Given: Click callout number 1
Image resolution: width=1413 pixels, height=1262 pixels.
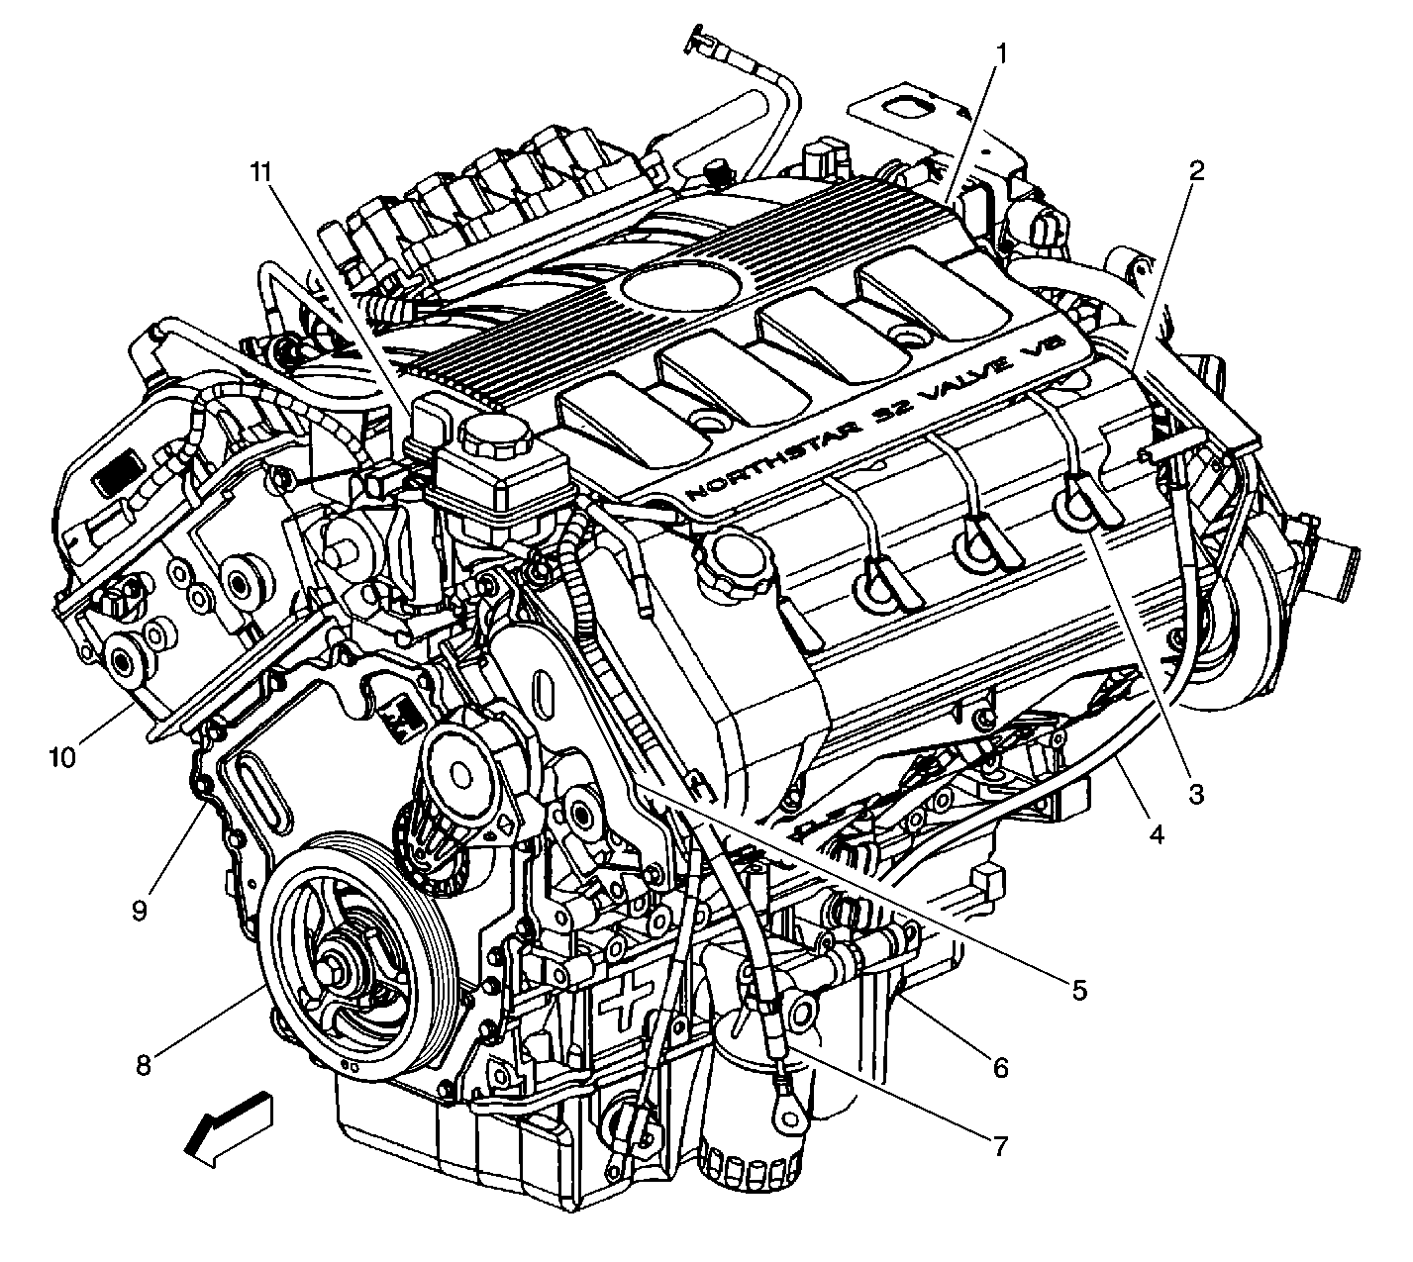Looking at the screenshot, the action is (x=1001, y=53).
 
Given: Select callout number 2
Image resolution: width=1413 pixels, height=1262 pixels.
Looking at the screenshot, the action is (x=1197, y=171).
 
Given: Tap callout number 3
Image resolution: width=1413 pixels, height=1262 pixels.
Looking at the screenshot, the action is (x=1196, y=794).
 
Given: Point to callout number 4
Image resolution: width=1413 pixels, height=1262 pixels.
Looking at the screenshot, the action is (x=1157, y=833).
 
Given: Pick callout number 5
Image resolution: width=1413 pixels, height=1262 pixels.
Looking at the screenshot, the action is (x=1079, y=990).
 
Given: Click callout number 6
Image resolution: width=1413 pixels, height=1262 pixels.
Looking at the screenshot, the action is (x=1001, y=1067).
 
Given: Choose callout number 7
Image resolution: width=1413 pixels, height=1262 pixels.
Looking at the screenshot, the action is (x=1001, y=1145).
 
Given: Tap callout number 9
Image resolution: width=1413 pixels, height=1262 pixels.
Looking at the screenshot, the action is (x=140, y=910).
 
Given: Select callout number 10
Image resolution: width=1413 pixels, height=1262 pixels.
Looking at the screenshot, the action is (x=62, y=756).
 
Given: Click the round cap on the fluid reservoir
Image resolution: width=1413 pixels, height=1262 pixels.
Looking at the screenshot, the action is (x=494, y=436).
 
